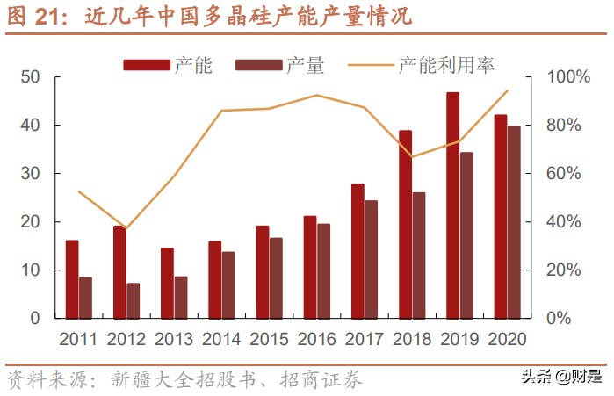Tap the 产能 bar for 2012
(x=119, y=271)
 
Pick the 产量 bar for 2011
(x=85, y=297)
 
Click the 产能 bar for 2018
(x=405, y=224)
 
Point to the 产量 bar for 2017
(x=371, y=259)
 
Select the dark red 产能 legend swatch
(x=146, y=65)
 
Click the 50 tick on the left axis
(x=30, y=77)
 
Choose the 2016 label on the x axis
(x=316, y=339)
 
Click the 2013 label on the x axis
(x=173, y=339)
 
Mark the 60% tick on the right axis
(x=562, y=174)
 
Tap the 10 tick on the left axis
(x=30, y=270)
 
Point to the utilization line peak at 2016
(x=317, y=95)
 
